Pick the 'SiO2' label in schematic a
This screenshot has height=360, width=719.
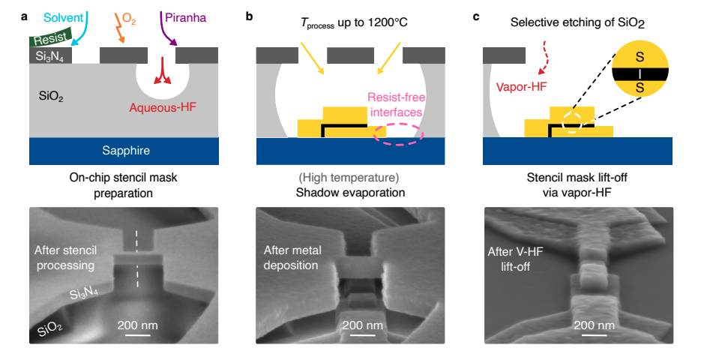52,97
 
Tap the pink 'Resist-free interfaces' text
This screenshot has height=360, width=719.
394,105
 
